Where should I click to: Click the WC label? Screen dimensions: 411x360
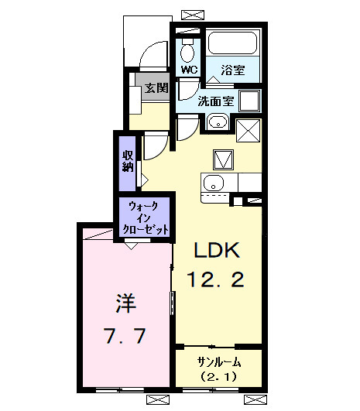click(x=189, y=70)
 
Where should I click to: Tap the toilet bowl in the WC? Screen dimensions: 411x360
click(x=188, y=51)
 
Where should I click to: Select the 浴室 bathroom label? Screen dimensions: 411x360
click(x=232, y=70)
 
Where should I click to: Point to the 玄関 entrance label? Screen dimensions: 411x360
click(x=156, y=88)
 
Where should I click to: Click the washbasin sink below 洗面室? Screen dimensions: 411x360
click(x=216, y=122)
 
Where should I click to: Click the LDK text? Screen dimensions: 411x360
click(x=218, y=250)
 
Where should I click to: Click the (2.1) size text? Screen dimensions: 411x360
click(x=218, y=377)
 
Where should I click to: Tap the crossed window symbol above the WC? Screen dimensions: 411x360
click(x=188, y=14)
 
